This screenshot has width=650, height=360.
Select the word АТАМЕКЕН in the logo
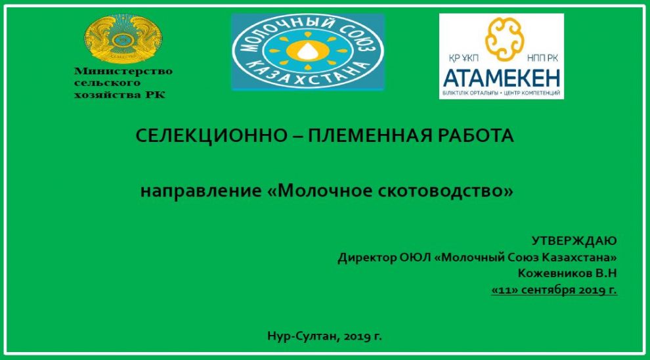point(501,78)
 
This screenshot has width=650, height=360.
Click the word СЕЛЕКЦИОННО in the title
point(210,136)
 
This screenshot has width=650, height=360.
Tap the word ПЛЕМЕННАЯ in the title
point(370,136)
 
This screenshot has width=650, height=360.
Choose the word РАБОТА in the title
point(479,136)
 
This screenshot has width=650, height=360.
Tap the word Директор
point(367,257)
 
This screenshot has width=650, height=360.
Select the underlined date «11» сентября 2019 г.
point(553,289)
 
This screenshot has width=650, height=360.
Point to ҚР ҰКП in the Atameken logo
point(462,58)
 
